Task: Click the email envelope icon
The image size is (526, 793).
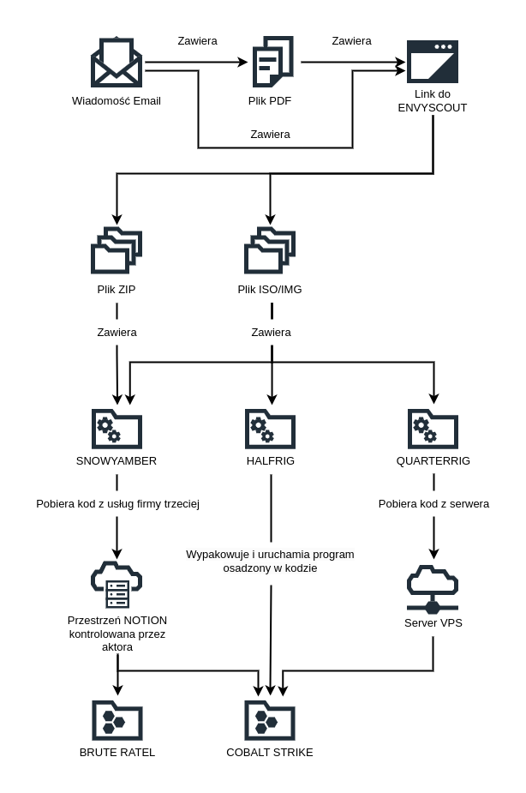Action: pyautogui.click(x=117, y=63)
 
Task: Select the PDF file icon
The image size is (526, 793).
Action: pyautogui.click(x=272, y=62)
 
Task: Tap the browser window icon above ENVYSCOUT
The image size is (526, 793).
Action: pyautogui.click(x=432, y=62)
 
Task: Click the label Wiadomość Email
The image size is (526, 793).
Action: pyautogui.click(x=117, y=100)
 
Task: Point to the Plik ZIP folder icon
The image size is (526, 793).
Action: pyautogui.click(x=117, y=251)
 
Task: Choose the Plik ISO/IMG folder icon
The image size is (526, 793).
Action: pyautogui.click(x=270, y=251)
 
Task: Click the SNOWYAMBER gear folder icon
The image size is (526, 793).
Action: pyautogui.click(x=117, y=429)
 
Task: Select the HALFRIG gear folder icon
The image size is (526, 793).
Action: pyautogui.click(x=270, y=429)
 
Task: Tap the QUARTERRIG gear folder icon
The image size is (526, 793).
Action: pyautogui.click(x=433, y=429)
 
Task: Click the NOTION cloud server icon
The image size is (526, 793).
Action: pyautogui.click(x=117, y=585)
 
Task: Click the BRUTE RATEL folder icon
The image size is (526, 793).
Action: pyautogui.click(x=117, y=720)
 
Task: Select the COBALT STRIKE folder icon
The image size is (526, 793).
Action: pyautogui.click(x=270, y=720)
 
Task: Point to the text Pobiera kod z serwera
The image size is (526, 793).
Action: pyautogui.click(x=433, y=503)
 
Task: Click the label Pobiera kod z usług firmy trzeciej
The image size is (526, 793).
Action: pyautogui.click(x=117, y=503)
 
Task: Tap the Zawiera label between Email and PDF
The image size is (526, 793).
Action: pyautogui.click(x=197, y=40)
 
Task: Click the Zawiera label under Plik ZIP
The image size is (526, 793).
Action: pyautogui.click(x=117, y=332)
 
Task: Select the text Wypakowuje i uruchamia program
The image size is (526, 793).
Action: pyautogui.click(x=270, y=554)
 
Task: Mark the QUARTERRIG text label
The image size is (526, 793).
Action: pyautogui.click(x=433, y=460)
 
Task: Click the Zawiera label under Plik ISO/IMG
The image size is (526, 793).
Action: pyautogui.click(x=271, y=332)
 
